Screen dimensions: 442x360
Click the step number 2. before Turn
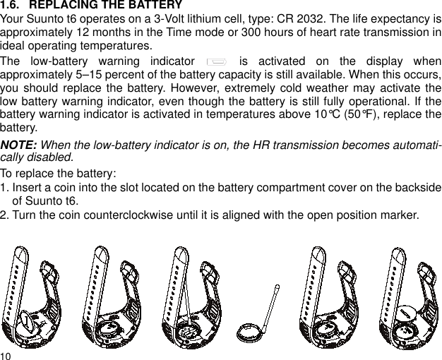click(5, 215)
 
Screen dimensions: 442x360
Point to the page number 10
click(6, 354)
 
